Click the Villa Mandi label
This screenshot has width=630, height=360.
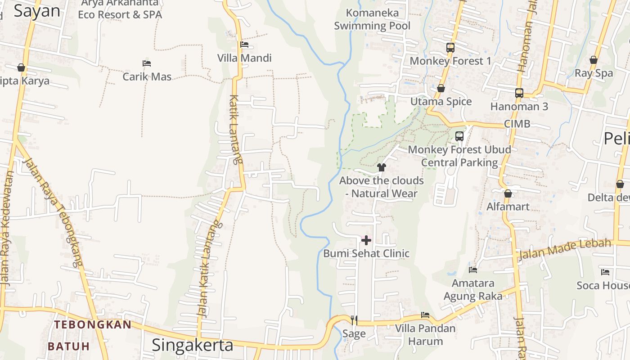[x=244, y=58]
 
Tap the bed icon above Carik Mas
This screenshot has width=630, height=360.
[x=146, y=63]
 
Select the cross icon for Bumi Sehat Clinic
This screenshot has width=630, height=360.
[x=366, y=240]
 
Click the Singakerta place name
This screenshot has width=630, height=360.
[x=193, y=345]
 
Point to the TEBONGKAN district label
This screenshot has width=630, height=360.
[x=93, y=324]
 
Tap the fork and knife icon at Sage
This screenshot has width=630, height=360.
[x=354, y=320]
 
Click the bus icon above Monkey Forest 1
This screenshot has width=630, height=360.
[x=450, y=47]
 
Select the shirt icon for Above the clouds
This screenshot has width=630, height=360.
[x=382, y=168]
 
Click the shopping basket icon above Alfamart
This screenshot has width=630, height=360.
[x=508, y=193]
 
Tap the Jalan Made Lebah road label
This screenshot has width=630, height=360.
[x=565, y=249]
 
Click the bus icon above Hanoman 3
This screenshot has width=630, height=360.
[x=519, y=93]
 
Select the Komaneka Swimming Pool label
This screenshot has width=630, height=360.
[x=372, y=19]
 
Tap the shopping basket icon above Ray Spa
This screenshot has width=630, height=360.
[x=594, y=60]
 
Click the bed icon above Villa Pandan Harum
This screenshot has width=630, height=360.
[x=425, y=315]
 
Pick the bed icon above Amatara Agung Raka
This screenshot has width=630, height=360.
[x=473, y=270]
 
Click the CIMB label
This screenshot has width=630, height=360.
[x=517, y=124]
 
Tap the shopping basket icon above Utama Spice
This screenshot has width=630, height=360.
[x=441, y=88]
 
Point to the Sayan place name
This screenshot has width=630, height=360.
[x=37, y=11]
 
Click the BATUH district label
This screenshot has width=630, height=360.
[x=69, y=346]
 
